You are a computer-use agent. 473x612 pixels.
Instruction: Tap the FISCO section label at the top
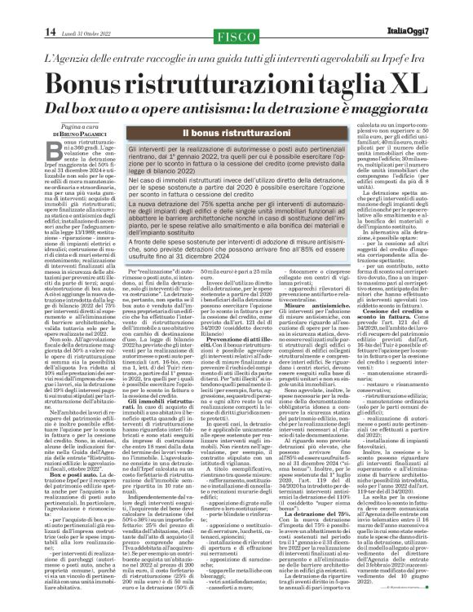(236, 34)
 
